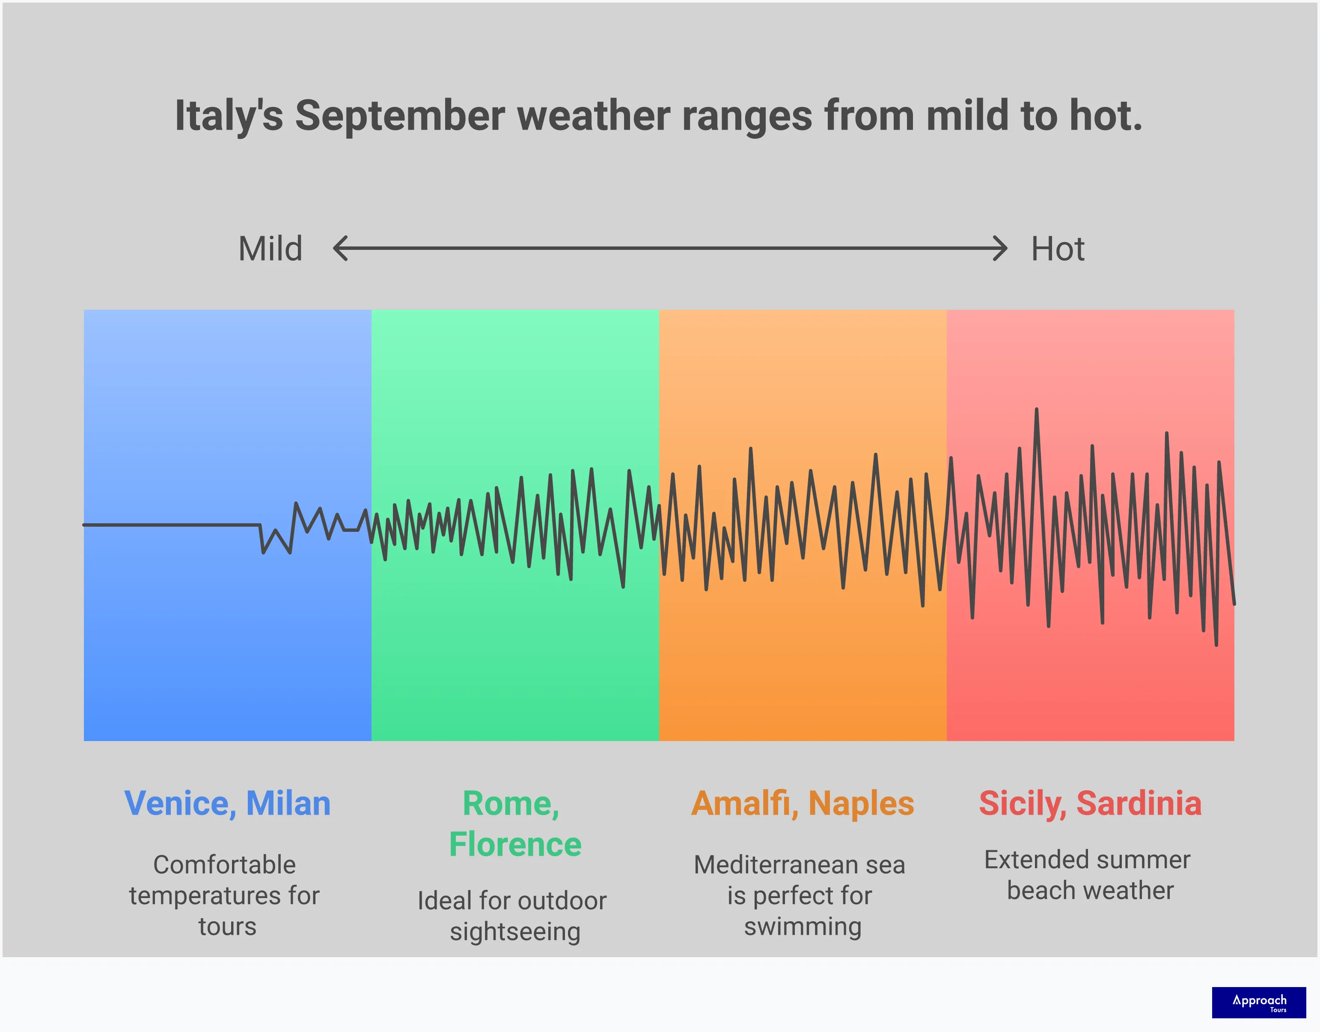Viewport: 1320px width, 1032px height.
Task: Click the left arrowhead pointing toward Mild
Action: point(340,248)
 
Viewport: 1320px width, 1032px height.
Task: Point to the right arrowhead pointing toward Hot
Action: point(1001,248)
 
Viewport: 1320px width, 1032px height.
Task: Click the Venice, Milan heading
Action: point(227,803)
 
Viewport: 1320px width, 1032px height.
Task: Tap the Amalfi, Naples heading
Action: point(802,803)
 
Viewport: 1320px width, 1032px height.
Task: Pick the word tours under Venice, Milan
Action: point(227,926)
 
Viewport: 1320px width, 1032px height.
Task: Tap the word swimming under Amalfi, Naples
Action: point(802,926)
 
